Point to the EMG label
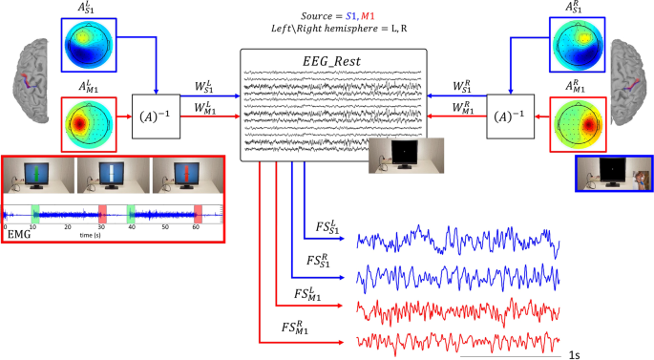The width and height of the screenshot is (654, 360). pos(18,232)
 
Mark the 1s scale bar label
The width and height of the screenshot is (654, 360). pos(576,354)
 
